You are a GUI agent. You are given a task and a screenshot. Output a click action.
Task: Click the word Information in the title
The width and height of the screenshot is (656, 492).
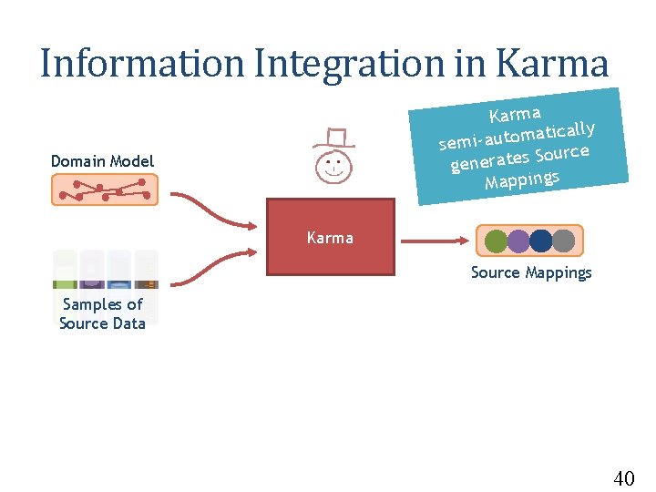[x=141, y=64]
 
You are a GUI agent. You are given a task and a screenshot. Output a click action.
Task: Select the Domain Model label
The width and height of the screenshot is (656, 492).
[x=102, y=161]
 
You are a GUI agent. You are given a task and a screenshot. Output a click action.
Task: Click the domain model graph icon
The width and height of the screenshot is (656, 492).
[x=104, y=190]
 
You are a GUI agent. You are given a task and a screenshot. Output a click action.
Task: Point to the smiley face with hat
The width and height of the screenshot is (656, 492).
[x=333, y=167]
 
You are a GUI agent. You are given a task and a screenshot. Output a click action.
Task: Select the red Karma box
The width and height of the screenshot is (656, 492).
[x=330, y=237]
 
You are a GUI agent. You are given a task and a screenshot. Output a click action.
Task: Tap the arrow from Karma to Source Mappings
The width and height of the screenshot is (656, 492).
[x=434, y=241]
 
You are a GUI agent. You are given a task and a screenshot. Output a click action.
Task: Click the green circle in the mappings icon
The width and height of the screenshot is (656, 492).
[x=496, y=241]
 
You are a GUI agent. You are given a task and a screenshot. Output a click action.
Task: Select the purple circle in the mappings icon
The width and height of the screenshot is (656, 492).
[x=518, y=241]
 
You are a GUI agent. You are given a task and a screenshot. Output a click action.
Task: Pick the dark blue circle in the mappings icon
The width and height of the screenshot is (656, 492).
[x=541, y=241]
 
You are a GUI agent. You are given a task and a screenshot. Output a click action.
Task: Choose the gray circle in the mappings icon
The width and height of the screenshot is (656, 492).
[x=564, y=241]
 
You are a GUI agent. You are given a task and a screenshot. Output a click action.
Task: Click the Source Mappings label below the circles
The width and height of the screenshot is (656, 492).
[x=530, y=272]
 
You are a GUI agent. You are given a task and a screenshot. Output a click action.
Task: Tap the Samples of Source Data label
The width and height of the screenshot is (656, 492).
[x=102, y=313]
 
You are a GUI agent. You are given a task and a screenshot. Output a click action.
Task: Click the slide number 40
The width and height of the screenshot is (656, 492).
[x=624, y=477]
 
